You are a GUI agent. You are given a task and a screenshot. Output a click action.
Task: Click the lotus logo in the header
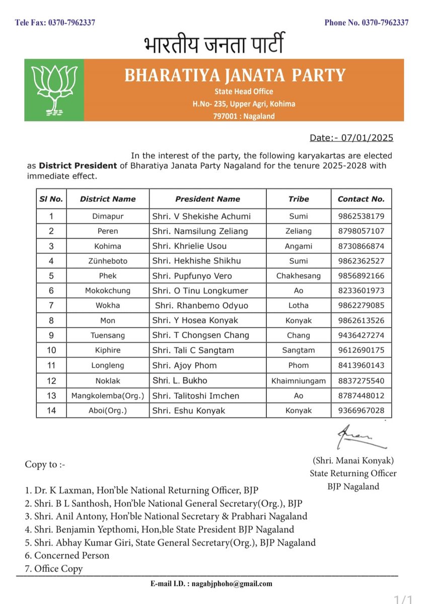pyautogui.click(x=54, y=90)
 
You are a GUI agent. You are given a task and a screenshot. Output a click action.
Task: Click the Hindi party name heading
pyautogui.click(x=213, y=45)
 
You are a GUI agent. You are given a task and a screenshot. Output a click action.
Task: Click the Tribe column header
pyautogui.click(x=299, y=199)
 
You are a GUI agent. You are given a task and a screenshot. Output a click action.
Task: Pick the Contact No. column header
pyautogui.click(x=361, y=199)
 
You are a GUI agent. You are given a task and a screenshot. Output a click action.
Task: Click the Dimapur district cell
pyautogui.click(x=108, y=216)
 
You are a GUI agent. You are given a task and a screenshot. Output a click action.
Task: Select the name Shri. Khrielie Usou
pyautogui.click(x=189, y=246)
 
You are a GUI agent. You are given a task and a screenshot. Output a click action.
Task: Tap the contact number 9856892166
pyautogui.click(x=361, y=276)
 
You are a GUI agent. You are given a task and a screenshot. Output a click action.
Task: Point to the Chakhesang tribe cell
pyautogui.click(x=299, y=276)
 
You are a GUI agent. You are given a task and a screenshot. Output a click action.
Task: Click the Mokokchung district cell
pyautogui.click(x=108, y=290)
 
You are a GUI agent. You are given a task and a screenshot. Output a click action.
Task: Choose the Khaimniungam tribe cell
pyautogui.click(x=299, y=381)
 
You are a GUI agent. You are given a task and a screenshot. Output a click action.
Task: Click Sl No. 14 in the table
pyautogui.click(x=51, y=410)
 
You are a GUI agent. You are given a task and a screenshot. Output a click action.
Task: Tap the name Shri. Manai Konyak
pyautogui.click(x=353, y=461)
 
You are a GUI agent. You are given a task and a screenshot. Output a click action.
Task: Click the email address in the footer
pyautogui.click(x=211, y=584)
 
